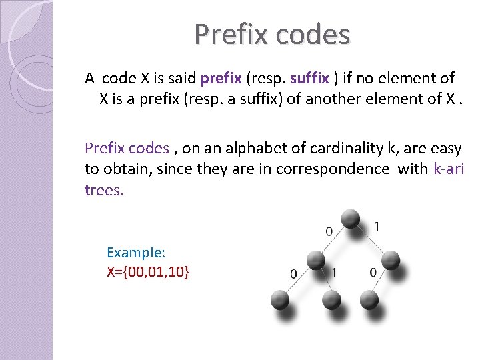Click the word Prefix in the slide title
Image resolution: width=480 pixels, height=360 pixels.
(231, 34)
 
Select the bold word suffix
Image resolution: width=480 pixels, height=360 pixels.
(309, 78)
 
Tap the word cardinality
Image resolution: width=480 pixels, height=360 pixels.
(331, 148)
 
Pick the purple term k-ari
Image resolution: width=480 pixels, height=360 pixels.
(448, 169)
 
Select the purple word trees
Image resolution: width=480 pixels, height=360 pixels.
(105, 190)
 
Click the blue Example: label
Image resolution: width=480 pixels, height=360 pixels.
(136, 253)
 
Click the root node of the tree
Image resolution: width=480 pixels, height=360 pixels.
(351, 219)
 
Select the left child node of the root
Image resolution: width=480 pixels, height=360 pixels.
(315, 259)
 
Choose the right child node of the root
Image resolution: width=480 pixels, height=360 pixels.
(390, 259)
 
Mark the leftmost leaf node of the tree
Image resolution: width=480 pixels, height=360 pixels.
(280, 299)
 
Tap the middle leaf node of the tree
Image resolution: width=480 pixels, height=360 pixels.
(331, 299)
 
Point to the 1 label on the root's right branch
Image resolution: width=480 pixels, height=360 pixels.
(377, 227)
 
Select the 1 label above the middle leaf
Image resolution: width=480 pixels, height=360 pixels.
(334, 272)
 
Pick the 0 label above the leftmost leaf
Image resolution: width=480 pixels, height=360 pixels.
(294, 273)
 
